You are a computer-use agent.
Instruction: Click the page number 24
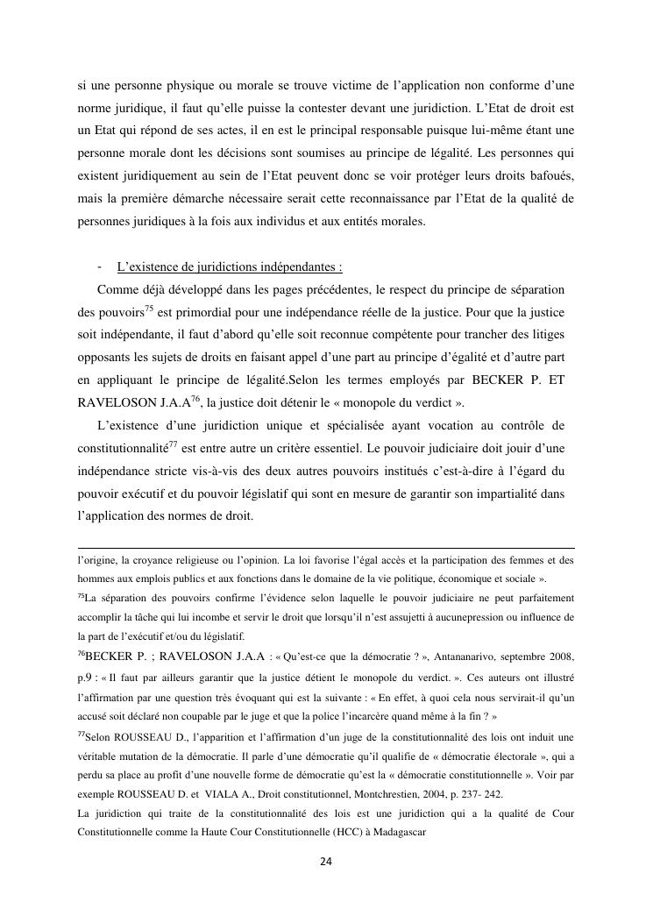(x=325, y=863)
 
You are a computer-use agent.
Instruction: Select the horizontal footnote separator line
(x=325, y=546)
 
